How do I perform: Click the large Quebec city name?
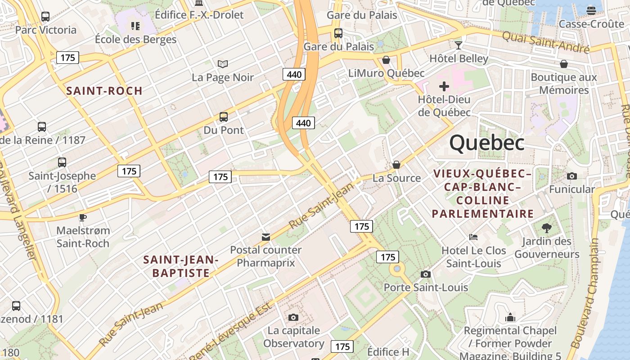tap(487, 143)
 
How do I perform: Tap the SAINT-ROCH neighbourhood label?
tap(104, 91)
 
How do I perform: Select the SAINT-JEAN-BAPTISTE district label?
tap(181, 266)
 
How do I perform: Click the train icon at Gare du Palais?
tap(338, 33)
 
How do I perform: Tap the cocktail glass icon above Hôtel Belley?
tap(459, 45)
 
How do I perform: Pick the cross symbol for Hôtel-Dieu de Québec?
tap(444, 86)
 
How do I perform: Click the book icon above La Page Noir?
tap(222, 64)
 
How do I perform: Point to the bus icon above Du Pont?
tap(224, 117)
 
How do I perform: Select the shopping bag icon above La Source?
tap(396, 165)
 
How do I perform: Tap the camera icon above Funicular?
tap(572, 176)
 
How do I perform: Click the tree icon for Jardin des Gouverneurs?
tap(547, 228)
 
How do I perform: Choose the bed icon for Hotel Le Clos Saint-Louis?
tap(473, 237)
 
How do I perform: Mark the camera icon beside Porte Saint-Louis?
tap(425, 274)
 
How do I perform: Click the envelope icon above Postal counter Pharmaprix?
tap(266, 237)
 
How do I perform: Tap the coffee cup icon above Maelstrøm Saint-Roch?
tap(82, 217)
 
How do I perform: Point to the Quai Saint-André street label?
tap(545, 42)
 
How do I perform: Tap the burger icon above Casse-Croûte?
tap(591, 10)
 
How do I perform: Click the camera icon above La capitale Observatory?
tap(293, 317)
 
